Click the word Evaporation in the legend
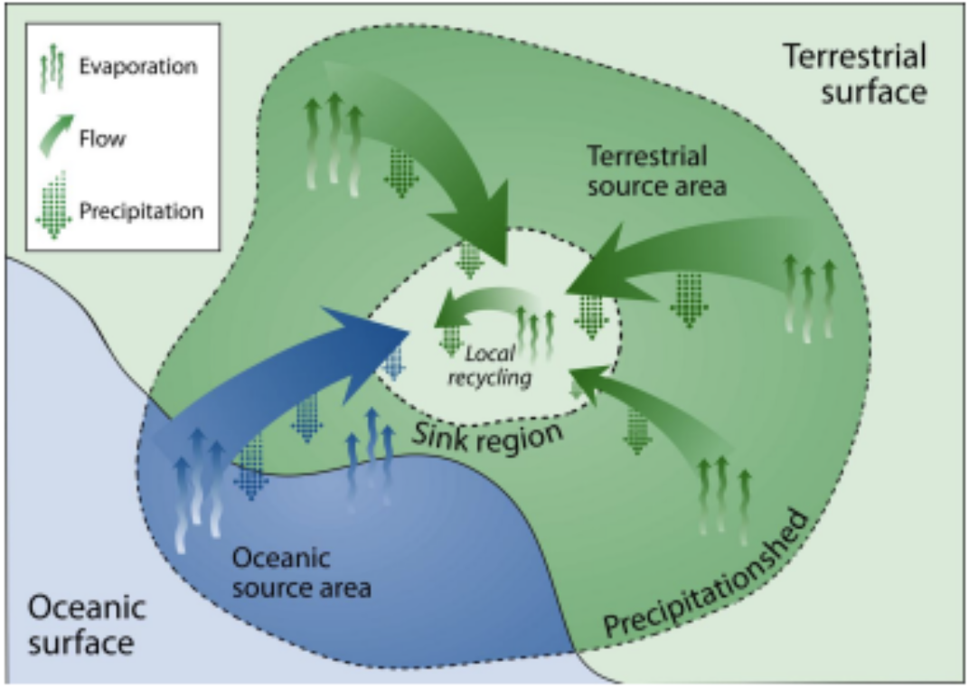point(138,66)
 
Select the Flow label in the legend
point(102,139)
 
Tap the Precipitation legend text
point(141,212)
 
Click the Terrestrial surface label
point(854,74)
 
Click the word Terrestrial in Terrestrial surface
point(854,57)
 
